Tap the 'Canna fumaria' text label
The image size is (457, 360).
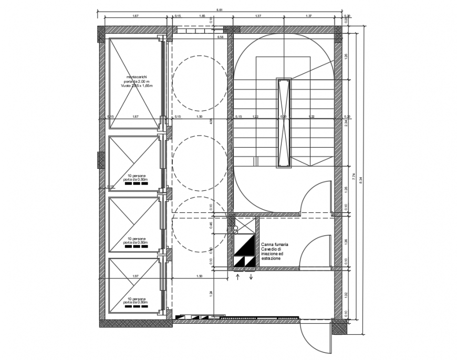pos(274,245)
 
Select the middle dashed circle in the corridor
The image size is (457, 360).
pos(199,162)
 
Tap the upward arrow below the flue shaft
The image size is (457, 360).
pos(237,276)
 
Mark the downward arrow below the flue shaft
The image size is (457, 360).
pos(251,276)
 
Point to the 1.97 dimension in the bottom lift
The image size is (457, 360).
pos(135,276)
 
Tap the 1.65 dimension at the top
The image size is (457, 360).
pos(202,17)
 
